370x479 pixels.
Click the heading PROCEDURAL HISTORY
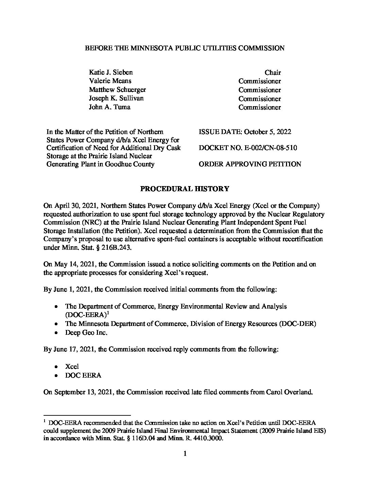[185, 189]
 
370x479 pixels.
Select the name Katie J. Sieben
[111, 72]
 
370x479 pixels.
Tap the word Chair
[273, 72]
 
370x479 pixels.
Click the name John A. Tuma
[110, 107]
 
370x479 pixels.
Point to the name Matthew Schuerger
[117, 90]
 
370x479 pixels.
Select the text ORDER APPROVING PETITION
[250, 164]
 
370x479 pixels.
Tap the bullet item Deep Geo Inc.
[86, 333]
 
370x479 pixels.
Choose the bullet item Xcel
[72, 366]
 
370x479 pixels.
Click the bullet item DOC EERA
[83, 375]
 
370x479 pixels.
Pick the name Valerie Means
[110, 81]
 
